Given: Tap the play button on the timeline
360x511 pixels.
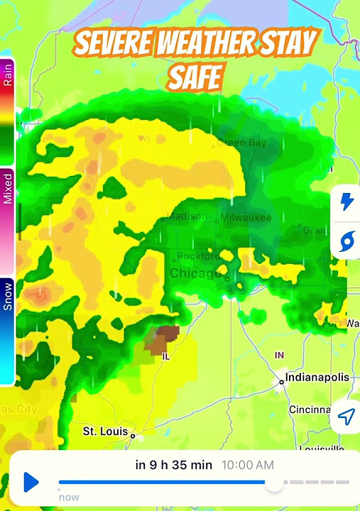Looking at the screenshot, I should [x=31, y=483].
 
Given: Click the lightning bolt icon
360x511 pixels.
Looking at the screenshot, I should [x=347, y=202].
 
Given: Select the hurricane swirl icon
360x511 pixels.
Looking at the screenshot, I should [x=347, y=241].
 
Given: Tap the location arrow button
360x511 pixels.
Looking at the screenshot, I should [x=345, y=417].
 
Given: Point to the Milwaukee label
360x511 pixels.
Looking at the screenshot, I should [x=246, y=218].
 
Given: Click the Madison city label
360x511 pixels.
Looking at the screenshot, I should [x=187, y=216].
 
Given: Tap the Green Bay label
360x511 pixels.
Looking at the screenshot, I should [x=241, y=143].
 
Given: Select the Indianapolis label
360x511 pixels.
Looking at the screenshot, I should [x=317, y=378].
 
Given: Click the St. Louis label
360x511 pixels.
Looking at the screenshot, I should [x=104, y=431].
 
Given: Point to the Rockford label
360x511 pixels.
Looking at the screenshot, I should [x=198, y=256].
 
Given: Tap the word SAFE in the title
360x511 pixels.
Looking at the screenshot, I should [x=193, y=75].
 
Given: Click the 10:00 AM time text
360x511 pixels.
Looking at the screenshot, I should [x=248, y=465].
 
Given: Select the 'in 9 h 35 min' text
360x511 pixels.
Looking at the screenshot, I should [x=173, y=465].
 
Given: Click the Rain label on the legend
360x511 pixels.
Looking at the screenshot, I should [x=8, y=76].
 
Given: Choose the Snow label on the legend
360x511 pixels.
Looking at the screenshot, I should [x=8, y=297].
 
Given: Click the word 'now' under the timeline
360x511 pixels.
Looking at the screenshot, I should [x=69, y=497].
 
